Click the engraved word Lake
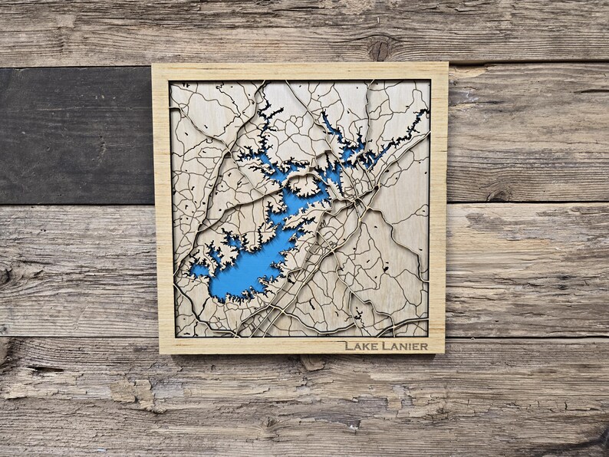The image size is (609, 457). [x=361, y=346]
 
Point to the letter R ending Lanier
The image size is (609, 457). [x=424, y=347]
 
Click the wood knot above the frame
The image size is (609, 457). [x=379, y=48]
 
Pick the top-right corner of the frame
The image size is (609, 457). [x=447, y=64]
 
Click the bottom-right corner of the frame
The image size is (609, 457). [x=443, y=352]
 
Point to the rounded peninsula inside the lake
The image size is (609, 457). [x=305, y=184]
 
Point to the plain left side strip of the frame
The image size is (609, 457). [x=163, y=207]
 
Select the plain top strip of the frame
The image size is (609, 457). [x=299, y=72]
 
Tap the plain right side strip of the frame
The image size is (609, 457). [x=438, y=207]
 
